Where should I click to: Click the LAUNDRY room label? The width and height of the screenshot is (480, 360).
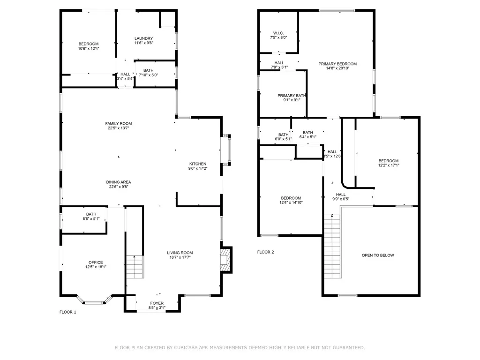(143, 38)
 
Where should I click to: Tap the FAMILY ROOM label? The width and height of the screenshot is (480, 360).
(118, 123)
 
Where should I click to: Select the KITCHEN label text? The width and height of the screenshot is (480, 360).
(197, 164)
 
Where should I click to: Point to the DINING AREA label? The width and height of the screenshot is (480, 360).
(118, 182)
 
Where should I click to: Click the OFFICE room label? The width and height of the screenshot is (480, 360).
(96, 262)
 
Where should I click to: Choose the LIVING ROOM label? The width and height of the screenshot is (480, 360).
(180, 253)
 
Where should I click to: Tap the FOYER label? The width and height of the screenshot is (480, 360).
(157, 303)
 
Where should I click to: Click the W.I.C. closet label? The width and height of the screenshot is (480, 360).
(278, 33)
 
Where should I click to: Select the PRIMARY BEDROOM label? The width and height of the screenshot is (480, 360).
(337, 64)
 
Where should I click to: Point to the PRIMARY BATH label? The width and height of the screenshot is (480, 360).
(291, 95)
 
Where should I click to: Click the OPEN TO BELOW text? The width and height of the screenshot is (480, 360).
(378, 255)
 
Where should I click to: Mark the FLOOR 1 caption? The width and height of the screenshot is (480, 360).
(67, 312)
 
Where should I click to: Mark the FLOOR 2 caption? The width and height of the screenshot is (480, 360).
(265, 252)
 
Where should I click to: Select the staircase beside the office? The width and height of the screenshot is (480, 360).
(135, 267)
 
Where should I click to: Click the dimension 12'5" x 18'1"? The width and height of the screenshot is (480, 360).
(96, 267)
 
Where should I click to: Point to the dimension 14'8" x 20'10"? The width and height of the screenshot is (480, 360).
(337, 68)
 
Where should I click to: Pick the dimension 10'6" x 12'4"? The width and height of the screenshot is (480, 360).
(89, 48)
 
